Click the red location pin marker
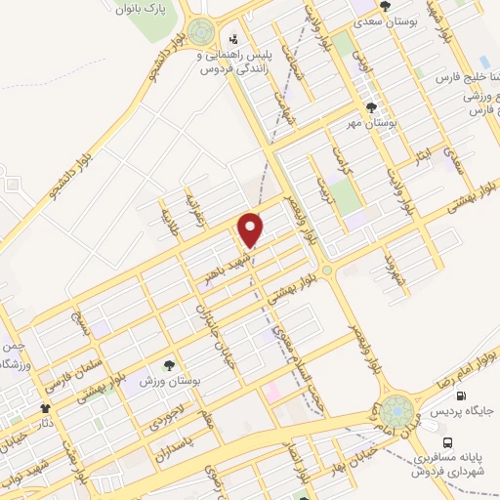pos(251,229)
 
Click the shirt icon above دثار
pos(44,409)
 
